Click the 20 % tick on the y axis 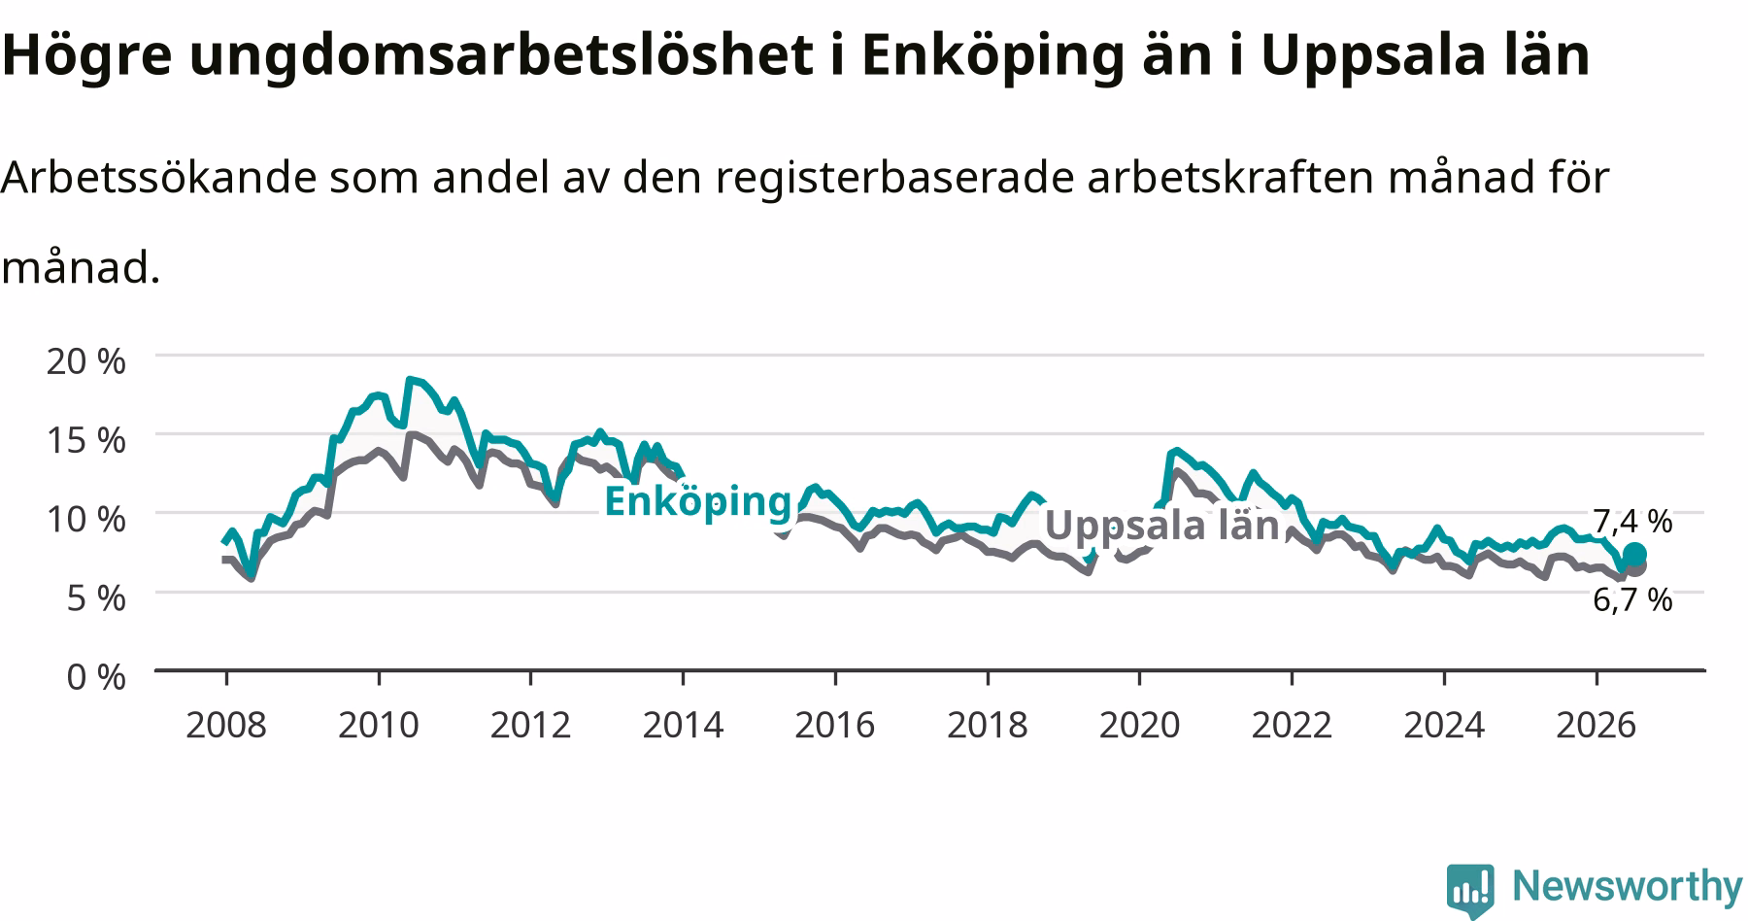[85, 361]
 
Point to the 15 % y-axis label [85, 440]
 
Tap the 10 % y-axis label [85, 519]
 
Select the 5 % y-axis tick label [95, 597]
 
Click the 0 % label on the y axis [95, 676]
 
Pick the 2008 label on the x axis [226, 725]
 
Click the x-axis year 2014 [683, 725]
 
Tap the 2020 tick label [1139, 725]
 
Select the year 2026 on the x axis [1596, 725]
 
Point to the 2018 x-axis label [987, 725]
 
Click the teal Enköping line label [698, 502]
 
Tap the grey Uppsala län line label [1161, 526]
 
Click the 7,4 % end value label [1632, 522]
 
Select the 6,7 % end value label [1632, 600]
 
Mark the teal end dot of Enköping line [1634, 554]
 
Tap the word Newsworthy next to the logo [1628, 886]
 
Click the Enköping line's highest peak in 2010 [410, 379]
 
